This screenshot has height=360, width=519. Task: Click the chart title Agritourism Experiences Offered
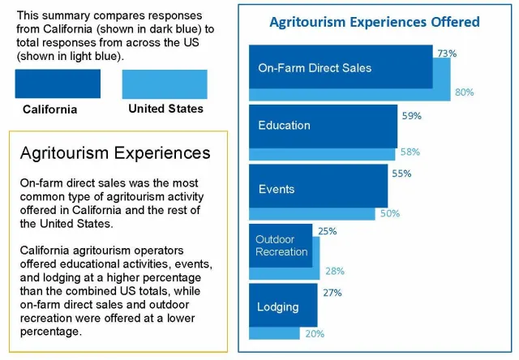click(x=374, y=22)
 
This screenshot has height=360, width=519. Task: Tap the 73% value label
click(x=447, y=54)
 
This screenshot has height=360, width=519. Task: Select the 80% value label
click(x=464, y=92)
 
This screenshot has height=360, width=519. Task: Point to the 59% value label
click(x=412, y=116)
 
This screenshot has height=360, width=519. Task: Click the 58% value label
click(x=410, y=152)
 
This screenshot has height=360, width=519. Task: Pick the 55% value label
click(x=401, y=174)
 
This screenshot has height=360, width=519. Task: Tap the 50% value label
click(x=390, y=213)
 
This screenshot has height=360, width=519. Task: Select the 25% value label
click(x=327, y=231)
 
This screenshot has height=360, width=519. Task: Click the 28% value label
click(x=333, y=271)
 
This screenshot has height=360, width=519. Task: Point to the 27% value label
click(x=332, y=293)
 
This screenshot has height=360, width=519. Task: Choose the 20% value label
click(x=315, y=333)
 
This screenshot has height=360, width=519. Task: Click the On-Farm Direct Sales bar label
click(x=315, y=68)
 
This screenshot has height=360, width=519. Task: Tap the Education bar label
click(x=284, y=126)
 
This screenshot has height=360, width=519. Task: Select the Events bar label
click(x=276, y=189)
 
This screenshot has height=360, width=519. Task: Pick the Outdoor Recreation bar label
click(x=281, y=246)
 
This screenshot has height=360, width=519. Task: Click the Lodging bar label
click(x=278, y=307)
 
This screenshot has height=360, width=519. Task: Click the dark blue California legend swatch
click(x=58, y=84)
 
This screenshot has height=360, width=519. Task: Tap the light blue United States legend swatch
click(x=165, y=84)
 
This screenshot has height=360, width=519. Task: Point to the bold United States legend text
click(x=165, y=109)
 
